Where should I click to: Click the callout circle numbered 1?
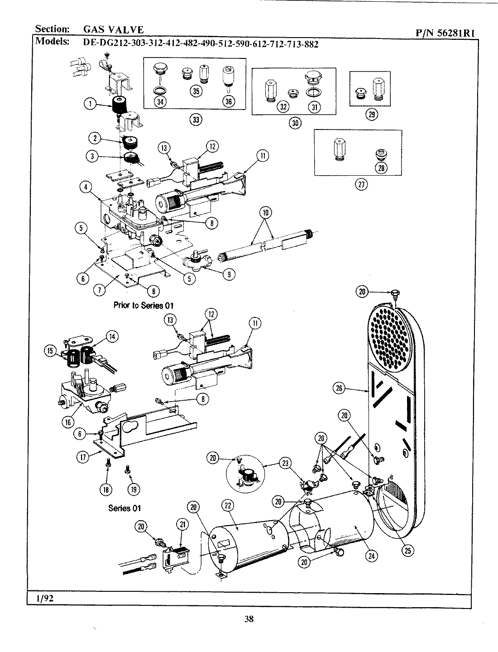(91, 104)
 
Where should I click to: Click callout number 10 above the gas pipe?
(265, 212)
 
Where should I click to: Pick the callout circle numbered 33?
(195, 120)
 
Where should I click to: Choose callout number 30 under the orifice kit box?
(294, 122)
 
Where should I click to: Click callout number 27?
(361, 184)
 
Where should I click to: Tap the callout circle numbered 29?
(371, 115)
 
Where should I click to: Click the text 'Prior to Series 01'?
(143, 305)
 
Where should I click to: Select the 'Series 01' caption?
(124, 508)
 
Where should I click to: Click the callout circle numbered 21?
(182, 524)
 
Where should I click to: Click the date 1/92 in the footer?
(43, 598)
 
